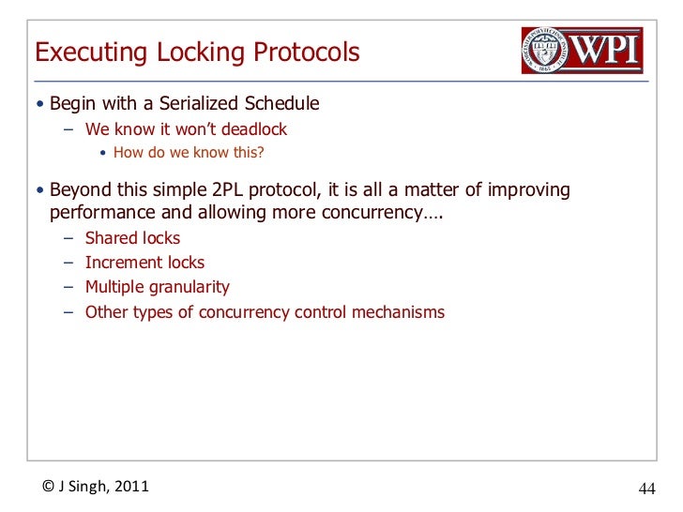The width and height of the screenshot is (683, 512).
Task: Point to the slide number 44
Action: coord(647,489)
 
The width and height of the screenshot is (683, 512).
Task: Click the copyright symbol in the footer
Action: coord(48,486)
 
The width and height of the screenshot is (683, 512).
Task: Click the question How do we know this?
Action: coord(182,154)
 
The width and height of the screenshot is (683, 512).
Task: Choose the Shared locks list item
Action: coord(132,238)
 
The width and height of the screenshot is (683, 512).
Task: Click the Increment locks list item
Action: coord(144,263)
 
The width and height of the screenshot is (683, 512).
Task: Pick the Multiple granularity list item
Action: coord(157,287)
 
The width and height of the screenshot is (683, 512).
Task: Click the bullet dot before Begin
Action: coord(39,104)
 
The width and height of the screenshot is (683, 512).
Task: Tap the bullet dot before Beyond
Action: coord(39,191)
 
